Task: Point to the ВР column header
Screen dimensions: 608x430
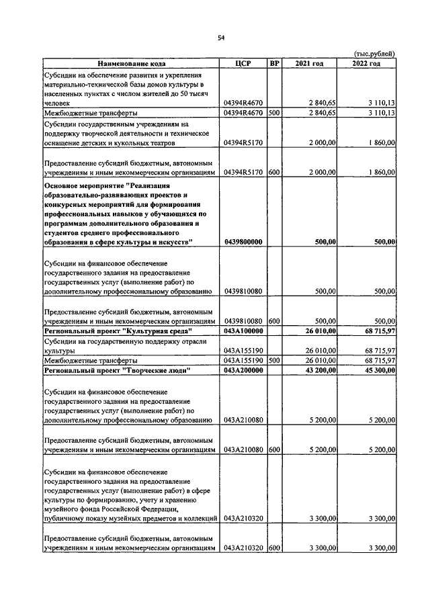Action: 273,63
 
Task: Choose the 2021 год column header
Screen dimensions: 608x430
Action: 310,63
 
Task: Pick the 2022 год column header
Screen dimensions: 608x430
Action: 367,63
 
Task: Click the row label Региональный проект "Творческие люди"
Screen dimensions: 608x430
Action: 117,370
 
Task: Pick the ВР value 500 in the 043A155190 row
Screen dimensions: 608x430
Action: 273,361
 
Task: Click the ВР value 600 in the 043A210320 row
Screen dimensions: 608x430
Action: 273,548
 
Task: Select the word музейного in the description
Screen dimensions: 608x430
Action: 62,509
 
